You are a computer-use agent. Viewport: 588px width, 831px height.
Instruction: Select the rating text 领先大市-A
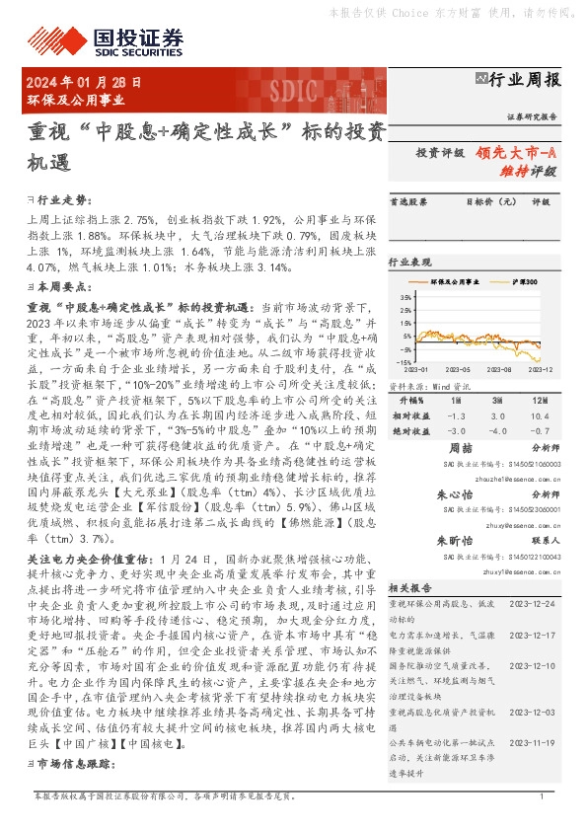[x=516, y=153]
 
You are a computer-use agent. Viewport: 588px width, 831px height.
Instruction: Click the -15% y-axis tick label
[x=405, y=362]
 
